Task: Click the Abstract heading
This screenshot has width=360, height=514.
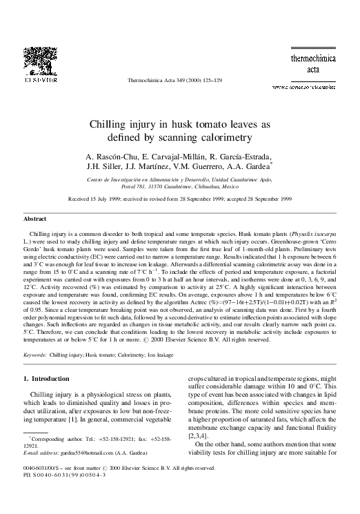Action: click(x=35, y=217)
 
